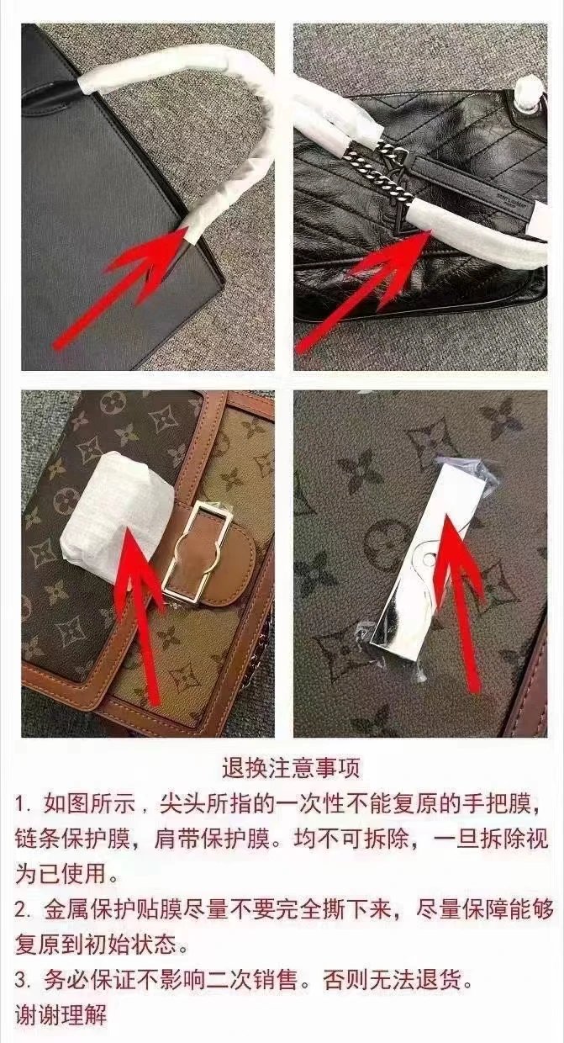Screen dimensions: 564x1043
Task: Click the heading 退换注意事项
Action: pos(291,768)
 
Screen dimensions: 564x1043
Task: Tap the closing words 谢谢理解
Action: pos(61,1014)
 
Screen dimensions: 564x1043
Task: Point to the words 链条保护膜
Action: pos(72,839)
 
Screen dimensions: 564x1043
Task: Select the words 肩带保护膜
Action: pos(212,839)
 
